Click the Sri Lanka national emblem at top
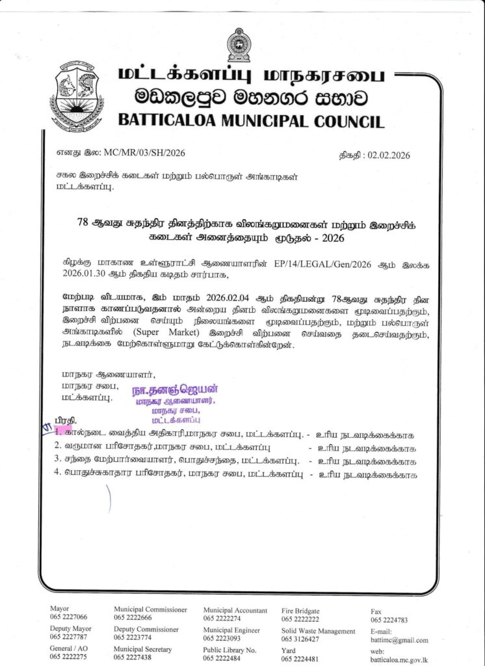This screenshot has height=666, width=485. click(x=237, y=45)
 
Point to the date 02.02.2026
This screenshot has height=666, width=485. click(x=389, y=155)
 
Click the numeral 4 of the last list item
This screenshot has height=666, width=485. click(x=58, y=474)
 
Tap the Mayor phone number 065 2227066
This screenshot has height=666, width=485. click(x=68, y=617)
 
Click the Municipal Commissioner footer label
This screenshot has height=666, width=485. click(x=150, y=609)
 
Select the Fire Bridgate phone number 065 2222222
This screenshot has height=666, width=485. click(x=300, y=619)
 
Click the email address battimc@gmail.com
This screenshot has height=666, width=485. click(x=399, y=640)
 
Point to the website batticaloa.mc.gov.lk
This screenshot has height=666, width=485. click(x=399, y=658)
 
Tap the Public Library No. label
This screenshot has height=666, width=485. click(x=229, y=649)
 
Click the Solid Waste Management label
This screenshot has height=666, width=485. click(x=318, y=631)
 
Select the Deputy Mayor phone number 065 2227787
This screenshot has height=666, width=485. click(x=68, y=637)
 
